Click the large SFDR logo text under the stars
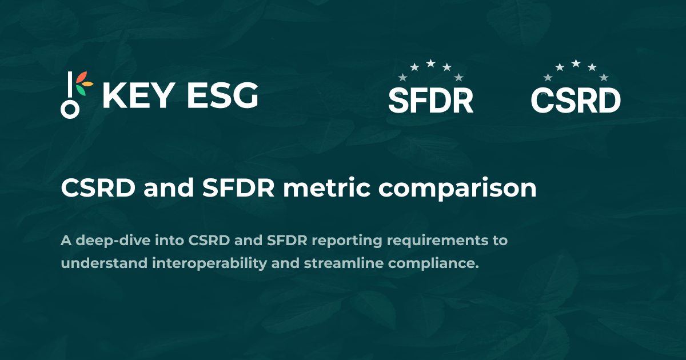coord(430,101)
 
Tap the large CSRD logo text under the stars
coord(576,101)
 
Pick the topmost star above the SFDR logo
coord(430,63)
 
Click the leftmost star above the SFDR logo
coord(402,77)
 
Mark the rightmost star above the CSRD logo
coord(604,77)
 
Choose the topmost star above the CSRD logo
coord(576,63)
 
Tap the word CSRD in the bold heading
coord(98,189)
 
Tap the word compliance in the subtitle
coord(439,264)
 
